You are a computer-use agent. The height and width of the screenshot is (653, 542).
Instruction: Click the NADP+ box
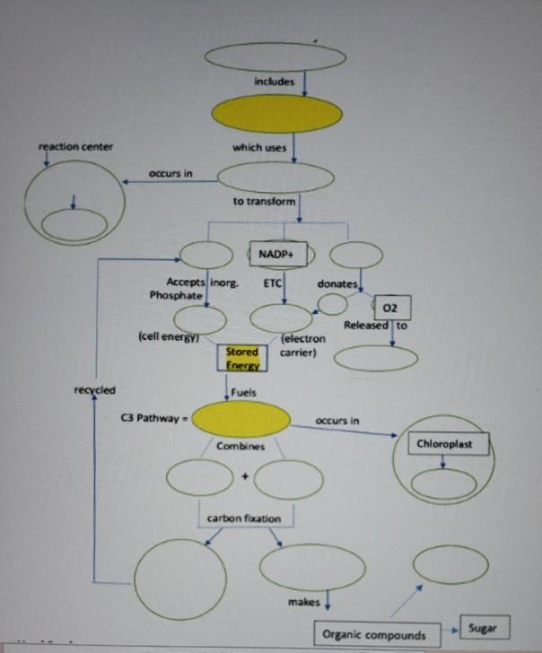(x=277, y=254)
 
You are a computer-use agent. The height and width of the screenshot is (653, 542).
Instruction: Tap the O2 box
(x=396, y=308)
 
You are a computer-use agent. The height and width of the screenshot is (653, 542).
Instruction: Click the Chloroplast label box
(x=443, y=444)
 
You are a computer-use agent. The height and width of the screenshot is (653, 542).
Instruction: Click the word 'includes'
(x=275, y=83)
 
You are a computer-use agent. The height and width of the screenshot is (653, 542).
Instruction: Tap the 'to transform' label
(x=265, y=202)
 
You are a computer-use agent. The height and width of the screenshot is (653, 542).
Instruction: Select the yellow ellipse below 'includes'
(x=275, y=114)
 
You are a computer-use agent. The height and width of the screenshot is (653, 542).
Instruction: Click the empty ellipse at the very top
(x=275, y=57)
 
